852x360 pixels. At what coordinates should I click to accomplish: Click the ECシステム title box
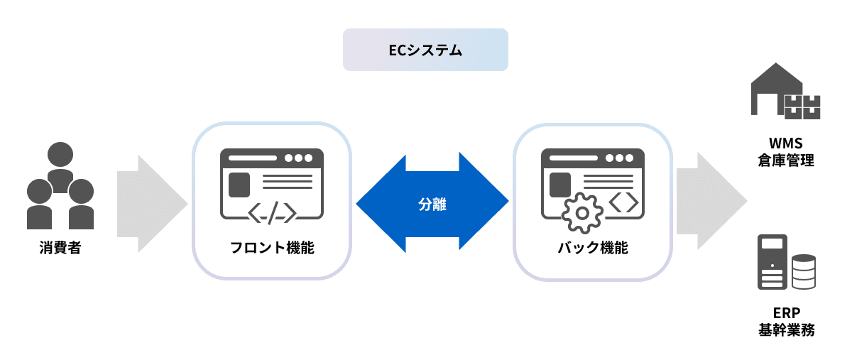[x=425, y=50]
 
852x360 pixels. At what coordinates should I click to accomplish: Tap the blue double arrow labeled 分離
[x=432, y=202]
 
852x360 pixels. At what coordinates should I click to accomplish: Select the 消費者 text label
[x=60, y=249]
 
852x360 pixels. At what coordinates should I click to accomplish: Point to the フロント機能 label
[x=272, y=249]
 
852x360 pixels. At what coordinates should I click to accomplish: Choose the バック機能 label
[x=593, y=249]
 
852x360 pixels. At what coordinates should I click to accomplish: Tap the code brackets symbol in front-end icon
[x=272, y=212]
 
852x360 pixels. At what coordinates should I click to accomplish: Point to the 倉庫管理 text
[x=786, y=160]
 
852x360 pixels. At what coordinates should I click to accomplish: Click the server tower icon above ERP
[x=772, y=262]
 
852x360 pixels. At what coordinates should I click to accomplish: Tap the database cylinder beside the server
[x=803, y=272]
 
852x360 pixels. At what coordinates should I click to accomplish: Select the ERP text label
[x=786, y=312]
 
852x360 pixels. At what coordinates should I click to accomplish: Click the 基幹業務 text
[x=786, y=331]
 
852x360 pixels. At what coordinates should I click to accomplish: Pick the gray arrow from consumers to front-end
[x=151, y=202]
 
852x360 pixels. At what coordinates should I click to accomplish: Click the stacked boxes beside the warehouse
[x=802, y=106]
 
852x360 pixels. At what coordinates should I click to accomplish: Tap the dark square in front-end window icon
[x=239, y=184]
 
